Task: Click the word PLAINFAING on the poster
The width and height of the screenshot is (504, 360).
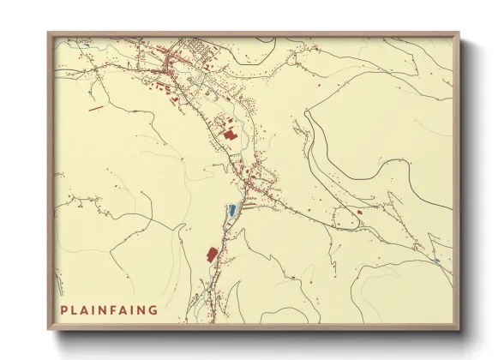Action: coord(109,310)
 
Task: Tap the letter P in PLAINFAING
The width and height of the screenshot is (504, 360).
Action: coord(64,310)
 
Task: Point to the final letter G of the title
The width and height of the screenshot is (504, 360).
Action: coord(153,310)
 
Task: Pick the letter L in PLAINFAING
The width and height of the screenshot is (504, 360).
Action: coord(75,310)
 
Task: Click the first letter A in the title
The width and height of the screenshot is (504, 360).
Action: coord(85,310)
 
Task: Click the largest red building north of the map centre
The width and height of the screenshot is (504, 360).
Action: coord(229,134)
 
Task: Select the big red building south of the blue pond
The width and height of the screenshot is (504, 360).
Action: coord(212,254)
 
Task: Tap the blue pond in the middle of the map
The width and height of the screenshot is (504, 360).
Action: coord(231,209)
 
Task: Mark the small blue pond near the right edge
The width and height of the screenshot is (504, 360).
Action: coord(436,261)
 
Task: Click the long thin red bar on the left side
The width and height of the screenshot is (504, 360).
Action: coord(94,108)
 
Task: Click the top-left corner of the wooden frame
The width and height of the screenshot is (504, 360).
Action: coord(49,33)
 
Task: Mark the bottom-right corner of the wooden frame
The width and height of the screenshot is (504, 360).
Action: coord(459,330)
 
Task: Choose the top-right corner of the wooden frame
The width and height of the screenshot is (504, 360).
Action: coord(459,33)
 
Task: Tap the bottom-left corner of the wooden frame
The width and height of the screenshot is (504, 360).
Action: coord(49,330)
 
